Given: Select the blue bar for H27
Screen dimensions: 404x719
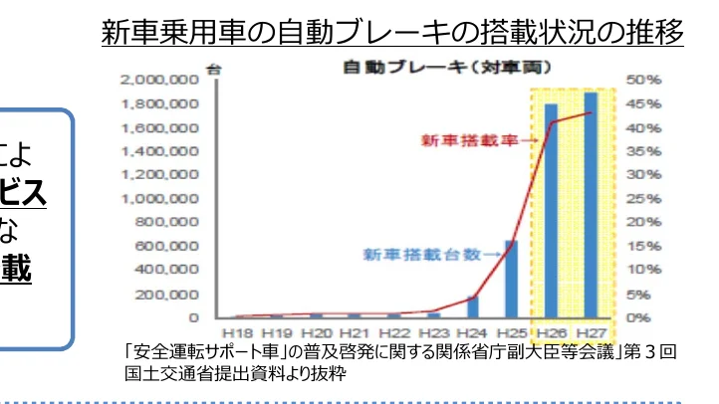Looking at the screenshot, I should (x=591, y=205).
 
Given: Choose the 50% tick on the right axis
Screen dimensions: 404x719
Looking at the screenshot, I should (x=638, y=79).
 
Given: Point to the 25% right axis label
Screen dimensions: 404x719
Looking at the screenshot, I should (x=638, y=198).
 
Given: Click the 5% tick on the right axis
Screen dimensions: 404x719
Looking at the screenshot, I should (x=635, y=295).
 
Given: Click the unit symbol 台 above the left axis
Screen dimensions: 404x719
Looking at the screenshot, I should (x=212, y=68).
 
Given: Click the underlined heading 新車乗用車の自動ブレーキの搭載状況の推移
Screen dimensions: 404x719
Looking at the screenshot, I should (x=392, y=33).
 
